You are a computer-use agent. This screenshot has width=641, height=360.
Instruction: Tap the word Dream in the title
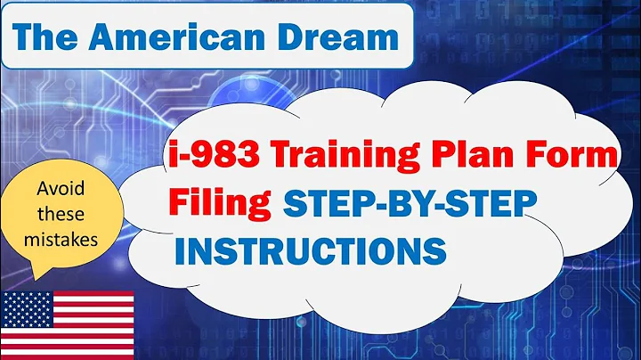click(347, 37)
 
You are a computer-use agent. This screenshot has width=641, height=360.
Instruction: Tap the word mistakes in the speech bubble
click(67, 240)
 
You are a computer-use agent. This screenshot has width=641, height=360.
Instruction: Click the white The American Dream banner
click(207, 37)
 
